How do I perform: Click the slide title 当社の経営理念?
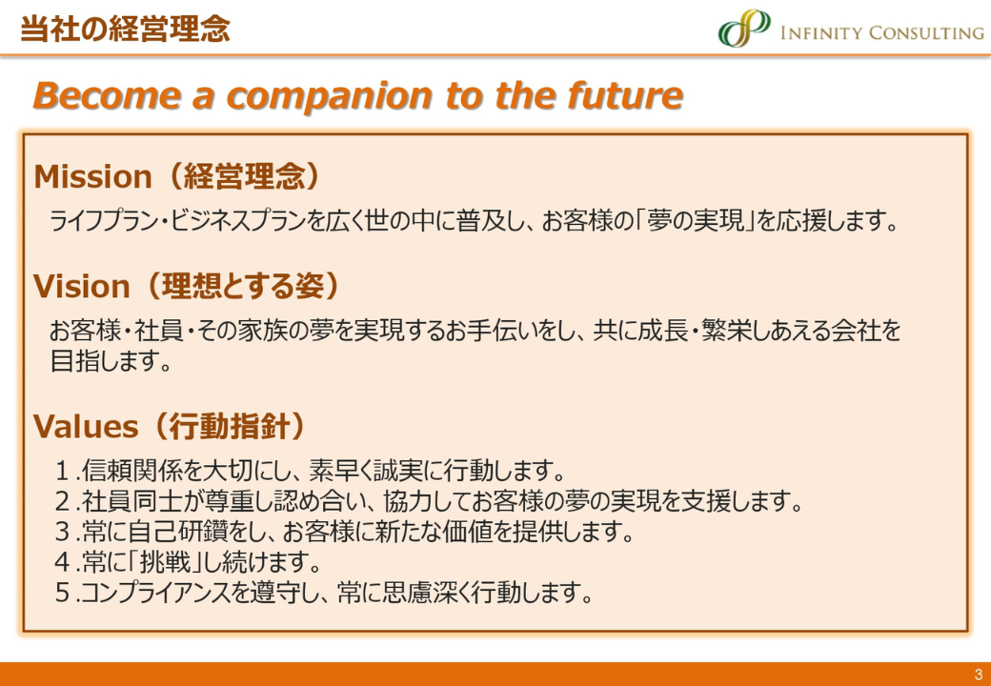pos(125,29)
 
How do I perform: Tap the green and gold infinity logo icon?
pos(744,28)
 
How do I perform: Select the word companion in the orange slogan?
pos(330,96)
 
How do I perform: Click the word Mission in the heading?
pos(93,177)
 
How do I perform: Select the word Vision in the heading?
pos(82,287)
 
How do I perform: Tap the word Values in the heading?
pos(86,427)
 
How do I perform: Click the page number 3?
pos(979,674)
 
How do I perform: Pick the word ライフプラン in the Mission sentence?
pos(106,222)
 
